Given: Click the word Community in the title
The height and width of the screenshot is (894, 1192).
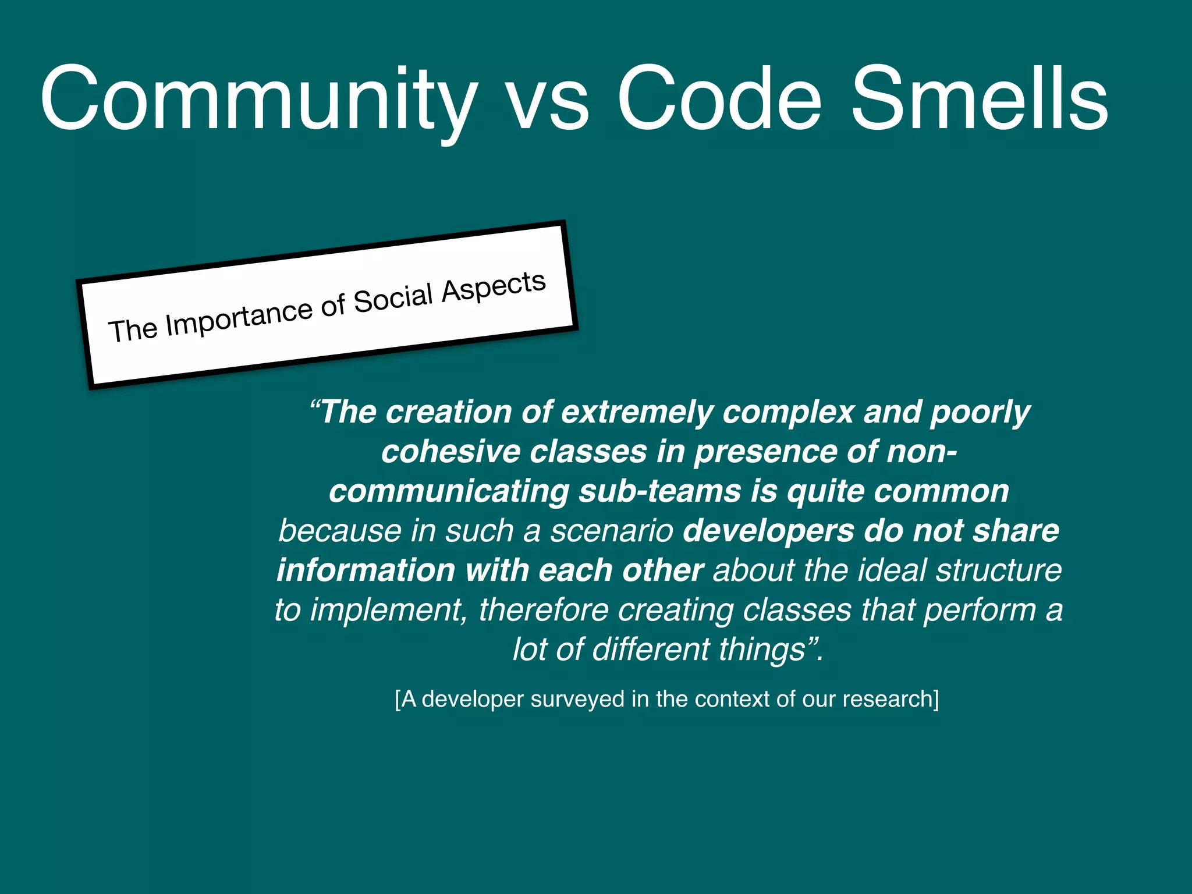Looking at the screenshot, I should [x=259, y=99].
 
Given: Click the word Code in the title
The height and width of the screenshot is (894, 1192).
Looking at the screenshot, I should [x=719, y=99].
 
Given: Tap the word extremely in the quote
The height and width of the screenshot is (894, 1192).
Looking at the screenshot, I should [x=637, y=412].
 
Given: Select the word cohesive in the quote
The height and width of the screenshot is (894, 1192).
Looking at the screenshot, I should [x=450, y=452].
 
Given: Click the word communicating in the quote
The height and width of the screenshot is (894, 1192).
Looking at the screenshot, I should [x=449, y=491].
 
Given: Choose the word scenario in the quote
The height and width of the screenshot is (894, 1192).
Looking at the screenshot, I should [x=612, y=531].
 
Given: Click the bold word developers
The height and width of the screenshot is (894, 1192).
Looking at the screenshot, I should [x=769, y=531].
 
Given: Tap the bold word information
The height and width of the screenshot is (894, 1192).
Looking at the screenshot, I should [x=366, y=570].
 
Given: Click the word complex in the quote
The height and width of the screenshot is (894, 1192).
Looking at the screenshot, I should [x=788, y=412].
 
